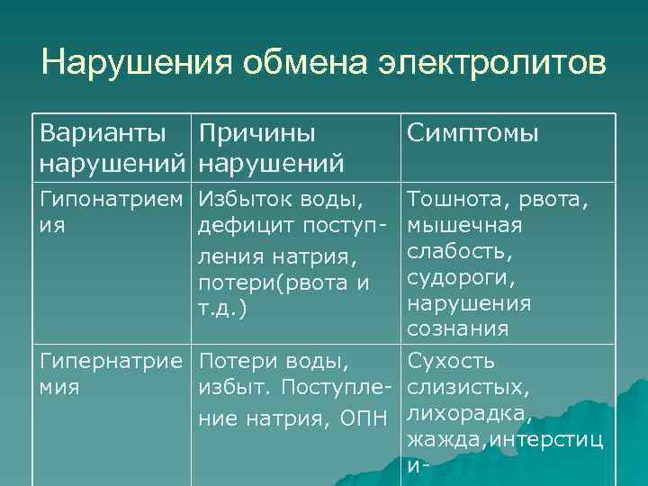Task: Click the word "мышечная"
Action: point(464,222)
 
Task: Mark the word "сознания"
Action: point(458,329)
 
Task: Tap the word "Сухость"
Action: point(451,363)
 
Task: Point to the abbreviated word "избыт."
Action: point(232,388)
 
